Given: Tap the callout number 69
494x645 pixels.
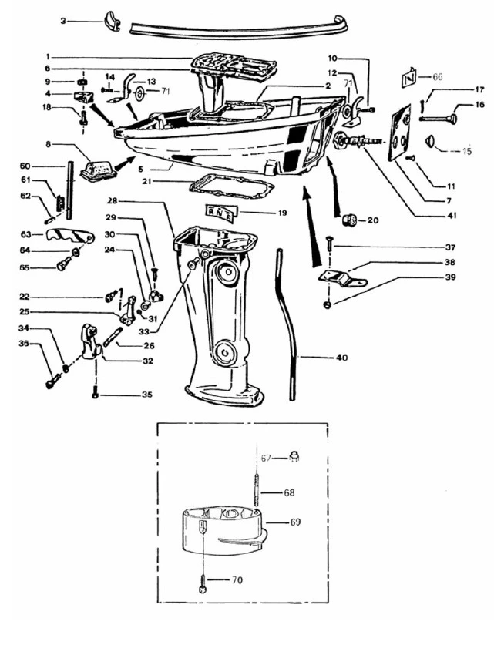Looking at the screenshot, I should pos(295,522).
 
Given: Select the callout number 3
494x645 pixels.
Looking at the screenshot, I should pos(64,21).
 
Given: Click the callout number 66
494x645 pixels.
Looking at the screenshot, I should pos(438,77).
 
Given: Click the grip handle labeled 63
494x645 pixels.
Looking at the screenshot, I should pos(68,237).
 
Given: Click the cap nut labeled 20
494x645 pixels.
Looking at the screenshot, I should pos(348,220).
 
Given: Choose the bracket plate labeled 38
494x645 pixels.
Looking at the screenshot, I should pos(344,276).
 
